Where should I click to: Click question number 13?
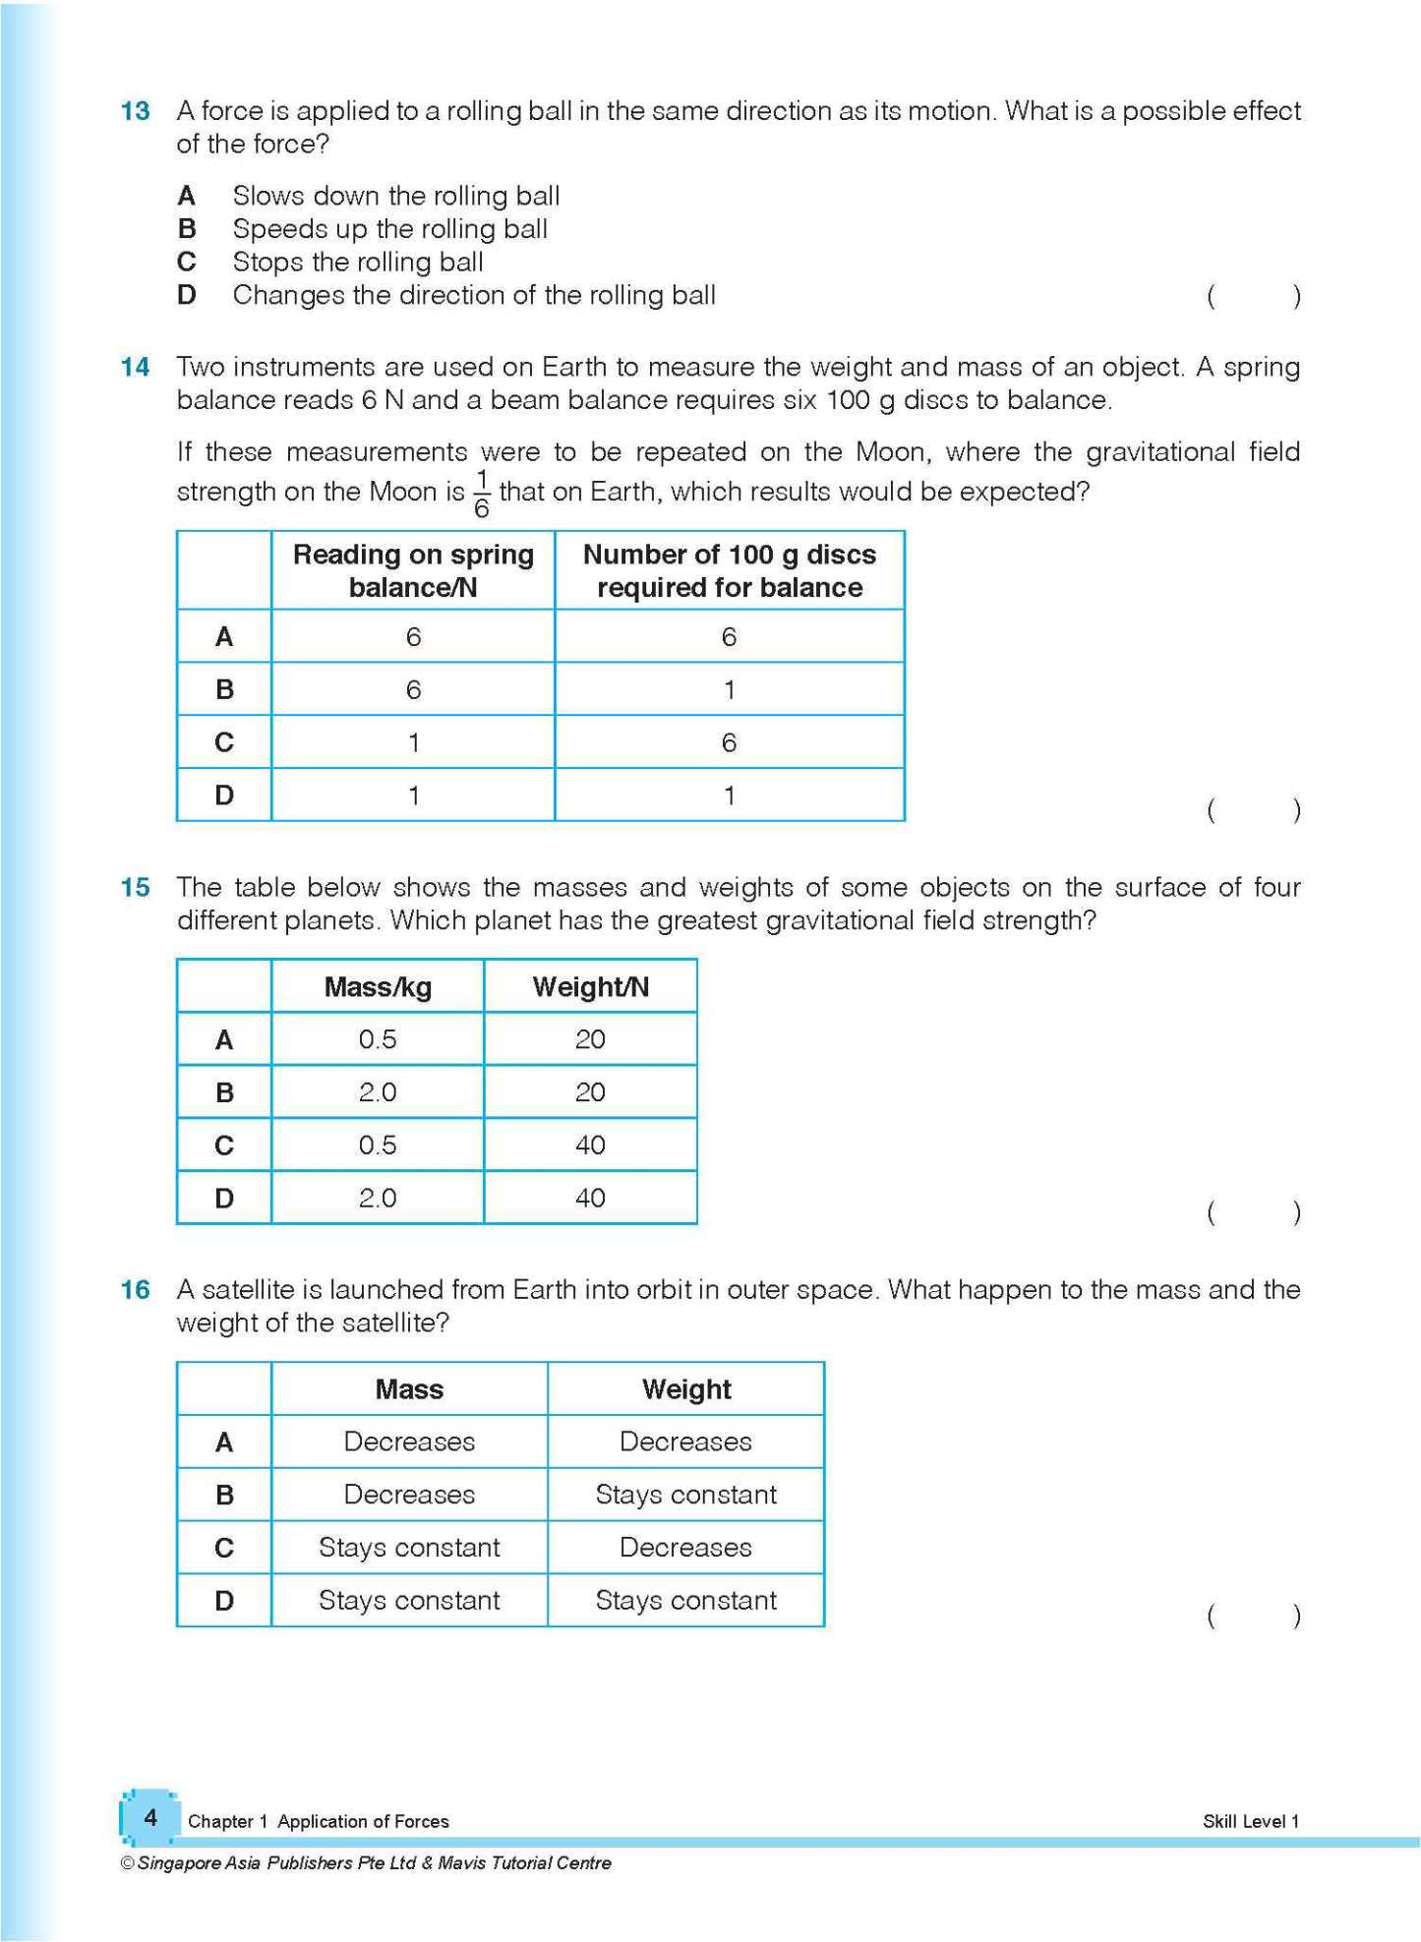(x=135, y=111)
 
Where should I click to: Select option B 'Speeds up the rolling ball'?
(x=389, y=229)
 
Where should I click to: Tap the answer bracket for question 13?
(x=1253, y=296)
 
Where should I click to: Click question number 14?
(x=135, y=368)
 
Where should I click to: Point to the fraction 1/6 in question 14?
(x=482, y=493)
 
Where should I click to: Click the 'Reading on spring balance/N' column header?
(x=413, y=570)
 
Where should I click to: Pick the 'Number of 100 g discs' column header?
(x=729, y=570)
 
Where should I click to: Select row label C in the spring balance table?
(x=224, y=742)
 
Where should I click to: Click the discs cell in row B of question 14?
(x=729, y=689)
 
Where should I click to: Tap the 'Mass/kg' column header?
(x=378, y=987)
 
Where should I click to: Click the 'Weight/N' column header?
(x=590, y=987)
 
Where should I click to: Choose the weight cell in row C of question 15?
(x=590, y=1146)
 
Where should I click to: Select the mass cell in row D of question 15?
(x=378, y=1199)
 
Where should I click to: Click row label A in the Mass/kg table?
(x=224, y=1040)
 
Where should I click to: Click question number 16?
(x=135, y=1290)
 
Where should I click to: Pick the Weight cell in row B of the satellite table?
(x=685, y=1496)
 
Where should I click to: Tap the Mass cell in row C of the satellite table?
(x=409, y=1549)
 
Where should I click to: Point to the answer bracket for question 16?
(x=1253, y=1616)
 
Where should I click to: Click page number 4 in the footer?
(x=150, y=1818)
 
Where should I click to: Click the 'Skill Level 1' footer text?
(x=1250, y=1822)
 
